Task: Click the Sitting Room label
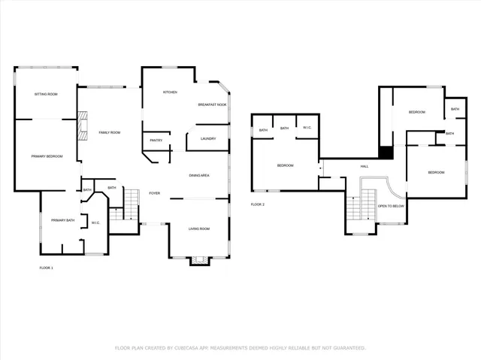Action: (x=46, y=94)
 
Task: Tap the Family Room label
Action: (x=110, y=132)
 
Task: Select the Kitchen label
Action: (x=170, y=92)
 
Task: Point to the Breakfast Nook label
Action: (x=212, y=104)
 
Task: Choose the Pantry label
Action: (x=156, y=141)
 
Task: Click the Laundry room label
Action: (x=208, y=138)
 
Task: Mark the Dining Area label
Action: (x=198, y=175)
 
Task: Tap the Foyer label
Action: (x=155, y=192)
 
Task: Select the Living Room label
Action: (x=198, y=228)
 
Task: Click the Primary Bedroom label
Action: (x=47, y=156)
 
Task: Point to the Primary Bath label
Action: (x=62, y=219)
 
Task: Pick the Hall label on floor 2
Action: (x=365, y=166)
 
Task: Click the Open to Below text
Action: (x=391, y=205)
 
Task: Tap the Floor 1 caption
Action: (x=47, y=268)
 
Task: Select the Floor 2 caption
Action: (x=258, y=204)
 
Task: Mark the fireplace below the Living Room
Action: (x=200, y=261)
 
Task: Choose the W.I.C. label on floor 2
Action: (x=307, y=129)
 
